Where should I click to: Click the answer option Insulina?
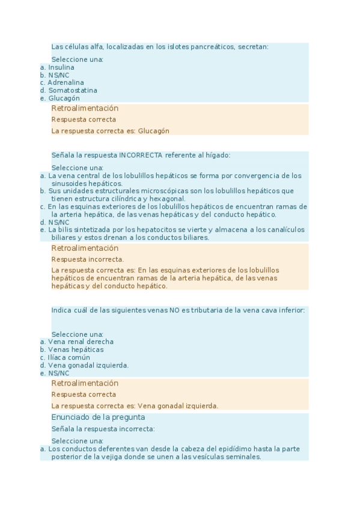click(x=61, y=67)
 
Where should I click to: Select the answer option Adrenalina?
click(x=66, y=82)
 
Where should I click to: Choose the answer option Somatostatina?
click(x=72, y=90)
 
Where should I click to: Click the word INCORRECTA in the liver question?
click(x=141, y=155)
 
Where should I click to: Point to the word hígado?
click(x=218, y=155)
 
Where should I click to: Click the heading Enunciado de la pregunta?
click(x=98, y=417)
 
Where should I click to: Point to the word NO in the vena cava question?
click(x=174, y=310)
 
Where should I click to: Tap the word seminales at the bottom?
click(x=245, y=456)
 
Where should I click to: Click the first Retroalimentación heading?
click(x=85, y=108)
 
